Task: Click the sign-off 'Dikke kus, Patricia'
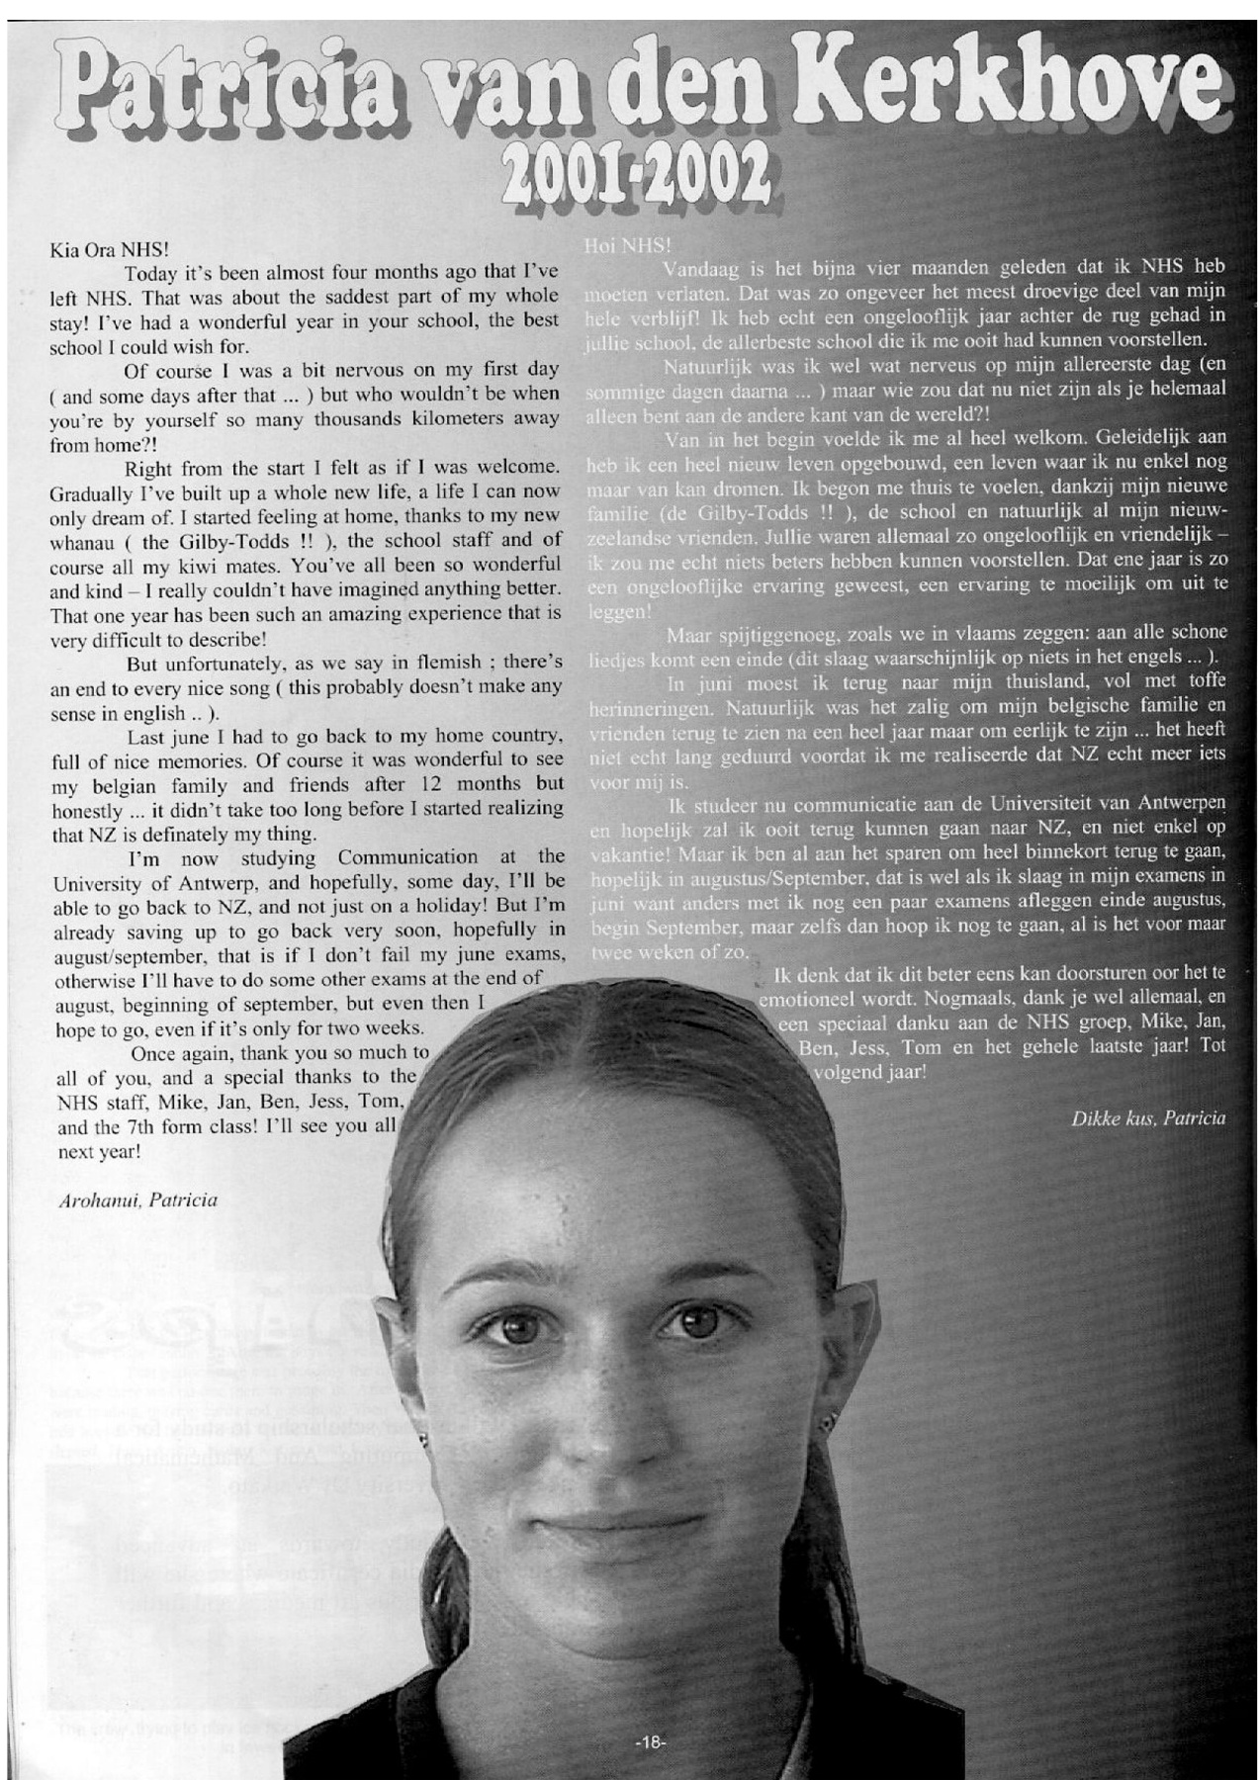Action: point(1147,1118)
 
